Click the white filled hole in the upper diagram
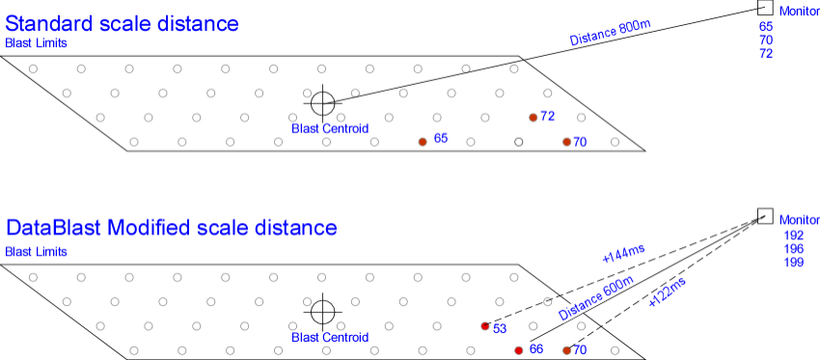tap(519, 142)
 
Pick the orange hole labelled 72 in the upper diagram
tap(533, 117)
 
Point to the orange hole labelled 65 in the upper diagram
tap(423, 142)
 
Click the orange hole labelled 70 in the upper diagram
tap(567, 142)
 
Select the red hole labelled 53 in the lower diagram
tap(485, 326)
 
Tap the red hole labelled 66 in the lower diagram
tap(519, 350)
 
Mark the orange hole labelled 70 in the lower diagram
tap(567, 350)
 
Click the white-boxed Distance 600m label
tap(597, 298)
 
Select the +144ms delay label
tap(622, 255)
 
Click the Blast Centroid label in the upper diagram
tap(330, 128)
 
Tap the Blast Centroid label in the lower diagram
tap(330, 338)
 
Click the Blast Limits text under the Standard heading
tap(37, 42)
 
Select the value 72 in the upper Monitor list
tap(766, 53)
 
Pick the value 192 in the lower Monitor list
tap(794, 235)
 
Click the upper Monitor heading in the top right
tap(799, 11)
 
